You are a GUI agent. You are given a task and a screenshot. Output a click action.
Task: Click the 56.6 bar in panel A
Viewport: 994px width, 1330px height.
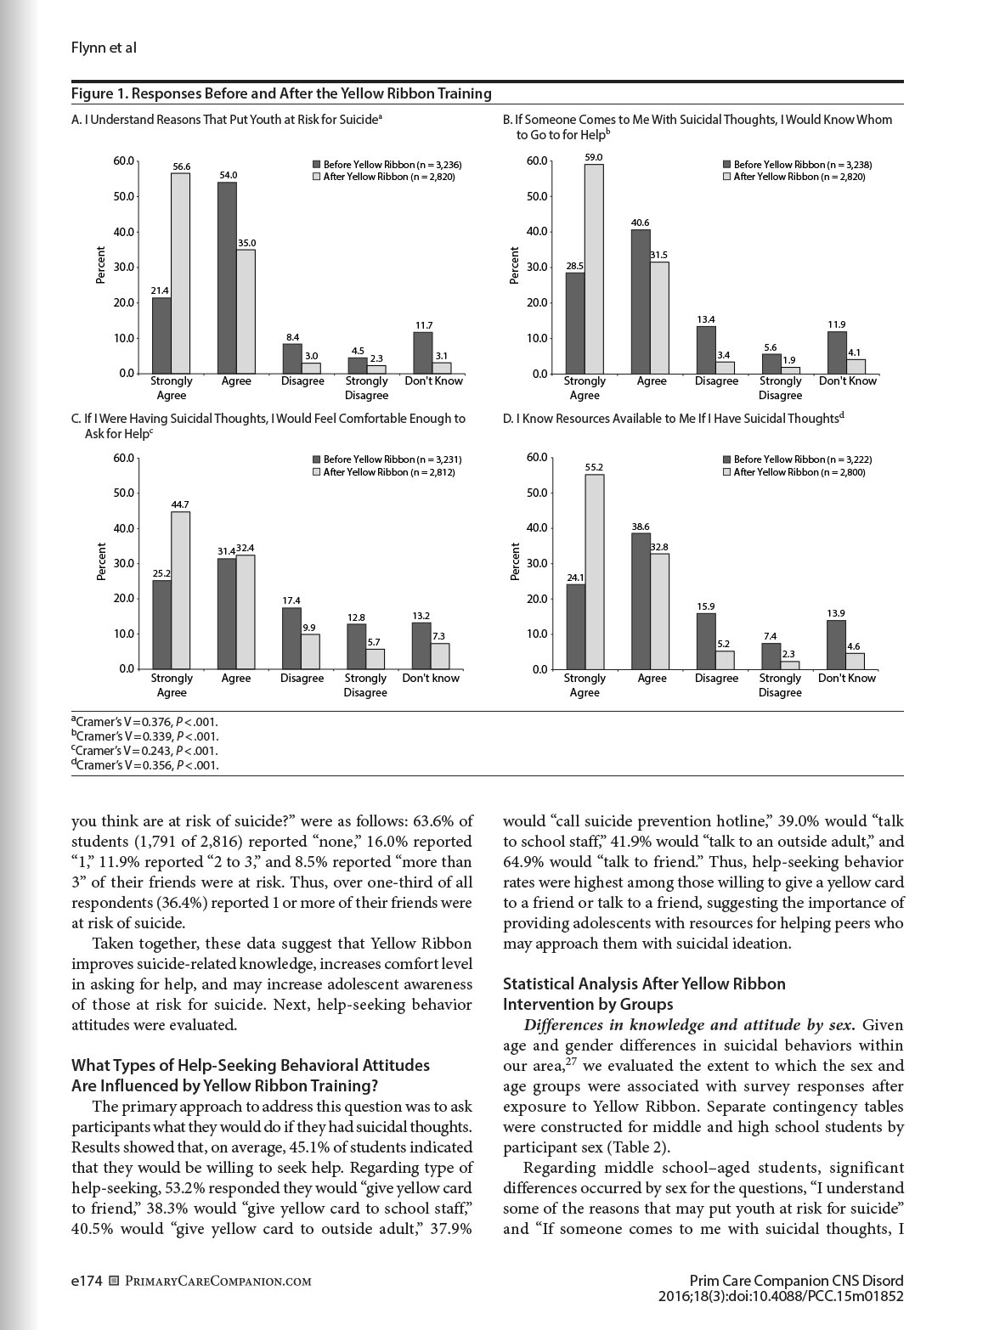tap(180, 273)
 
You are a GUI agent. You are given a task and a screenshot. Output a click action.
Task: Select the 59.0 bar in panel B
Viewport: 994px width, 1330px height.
tap(594, 268)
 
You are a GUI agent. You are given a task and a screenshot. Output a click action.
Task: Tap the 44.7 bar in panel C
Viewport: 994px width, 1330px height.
tap(180, 589)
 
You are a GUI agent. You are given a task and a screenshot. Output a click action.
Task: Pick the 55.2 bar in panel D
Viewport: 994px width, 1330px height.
tap(594, 572)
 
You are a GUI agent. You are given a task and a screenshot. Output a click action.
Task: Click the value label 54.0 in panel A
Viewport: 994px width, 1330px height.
tap(228, 175)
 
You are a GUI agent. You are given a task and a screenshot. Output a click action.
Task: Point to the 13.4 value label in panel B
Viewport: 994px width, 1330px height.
tap(705, 319)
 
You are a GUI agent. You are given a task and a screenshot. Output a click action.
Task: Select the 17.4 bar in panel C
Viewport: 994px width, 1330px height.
tap(291, 638)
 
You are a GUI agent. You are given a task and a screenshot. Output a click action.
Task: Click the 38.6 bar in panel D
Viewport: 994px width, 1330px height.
tap(641, 601)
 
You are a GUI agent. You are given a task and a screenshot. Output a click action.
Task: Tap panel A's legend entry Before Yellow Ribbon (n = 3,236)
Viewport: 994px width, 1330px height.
tap(387, 165)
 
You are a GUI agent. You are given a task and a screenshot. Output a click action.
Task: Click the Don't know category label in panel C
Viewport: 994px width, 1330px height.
tap(431, 679)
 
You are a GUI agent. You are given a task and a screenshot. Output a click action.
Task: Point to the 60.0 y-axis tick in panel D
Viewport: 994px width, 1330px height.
tap(536, 458)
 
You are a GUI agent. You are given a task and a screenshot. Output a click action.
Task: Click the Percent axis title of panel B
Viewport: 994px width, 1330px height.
tap(514, 266)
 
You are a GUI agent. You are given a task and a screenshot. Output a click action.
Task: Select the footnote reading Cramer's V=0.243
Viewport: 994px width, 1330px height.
tap(144, 751)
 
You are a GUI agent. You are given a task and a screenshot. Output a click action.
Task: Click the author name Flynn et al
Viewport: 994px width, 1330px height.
tap(104, 48)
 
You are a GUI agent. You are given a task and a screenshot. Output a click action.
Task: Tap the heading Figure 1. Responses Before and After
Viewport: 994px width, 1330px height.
tap(281, 93)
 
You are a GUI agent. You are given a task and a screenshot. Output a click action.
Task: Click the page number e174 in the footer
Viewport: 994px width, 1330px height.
tap(87, 1281)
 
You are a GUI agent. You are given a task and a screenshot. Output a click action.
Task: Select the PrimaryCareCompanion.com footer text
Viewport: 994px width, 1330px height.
tap(217, 1282)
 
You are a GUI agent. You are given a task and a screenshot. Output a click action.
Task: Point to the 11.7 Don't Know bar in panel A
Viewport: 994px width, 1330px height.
tap(422, 352)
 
